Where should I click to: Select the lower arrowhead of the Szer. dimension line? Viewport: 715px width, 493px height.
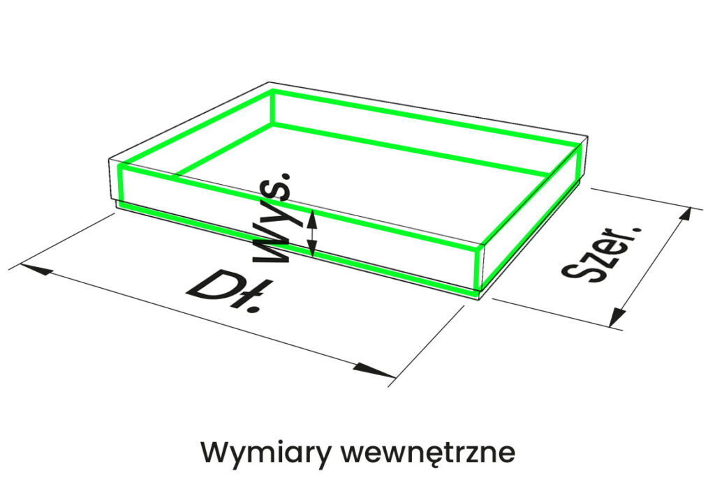[x=615, y=320]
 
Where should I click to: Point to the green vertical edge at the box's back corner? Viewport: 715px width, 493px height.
[x=272, y=107]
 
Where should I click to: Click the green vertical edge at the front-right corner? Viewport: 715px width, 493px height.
[x=478, y=268]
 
